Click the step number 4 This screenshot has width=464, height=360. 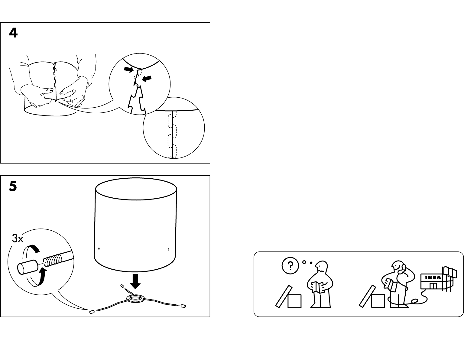pyautogui.click(x=13, y=33)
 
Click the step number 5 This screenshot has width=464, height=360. pyautogui.click(x=13, y=186)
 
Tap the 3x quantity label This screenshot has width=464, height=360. pyautogui.click(x=17, y=238)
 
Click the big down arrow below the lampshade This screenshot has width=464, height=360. pyautogui.click(x=135, y=281)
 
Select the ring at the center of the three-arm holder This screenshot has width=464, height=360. pyautogui.click(x=135, y=298)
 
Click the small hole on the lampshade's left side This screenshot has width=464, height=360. pyautogui.click(x=99, y=248)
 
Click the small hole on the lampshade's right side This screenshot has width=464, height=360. pyautogui.click(x=169, y=249)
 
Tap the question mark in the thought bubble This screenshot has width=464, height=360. pyautogui.click(x=290, y=266)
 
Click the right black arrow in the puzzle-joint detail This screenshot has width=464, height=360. pyautogui.click(x=147, y=79)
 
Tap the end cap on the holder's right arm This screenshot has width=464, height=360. pyautogui.click(x=183, y=306)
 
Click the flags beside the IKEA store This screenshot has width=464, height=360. pyautogui.click(x=450, y=272)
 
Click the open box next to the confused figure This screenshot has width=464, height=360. pyautogui.click(x=289, y=297)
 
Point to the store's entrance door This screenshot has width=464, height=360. pyautogui.click(x=433, y=286)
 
